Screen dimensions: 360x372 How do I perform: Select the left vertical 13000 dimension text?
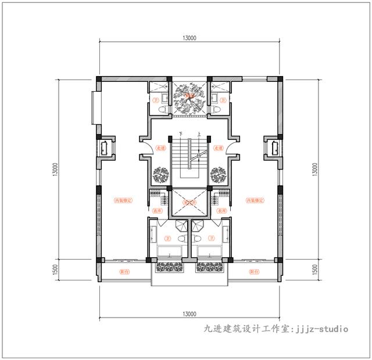[53, 170]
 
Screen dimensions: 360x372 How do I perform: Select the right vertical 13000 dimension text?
[314, 170]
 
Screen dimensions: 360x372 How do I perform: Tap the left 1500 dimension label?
[53, 270]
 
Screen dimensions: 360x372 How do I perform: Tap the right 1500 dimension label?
[314, 270]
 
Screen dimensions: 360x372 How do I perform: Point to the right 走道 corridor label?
[217, 149]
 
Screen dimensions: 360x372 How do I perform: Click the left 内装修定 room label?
[123, 200]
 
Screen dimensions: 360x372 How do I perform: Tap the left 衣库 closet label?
[158, 211]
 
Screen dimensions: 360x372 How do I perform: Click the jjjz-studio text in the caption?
[323, 329]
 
